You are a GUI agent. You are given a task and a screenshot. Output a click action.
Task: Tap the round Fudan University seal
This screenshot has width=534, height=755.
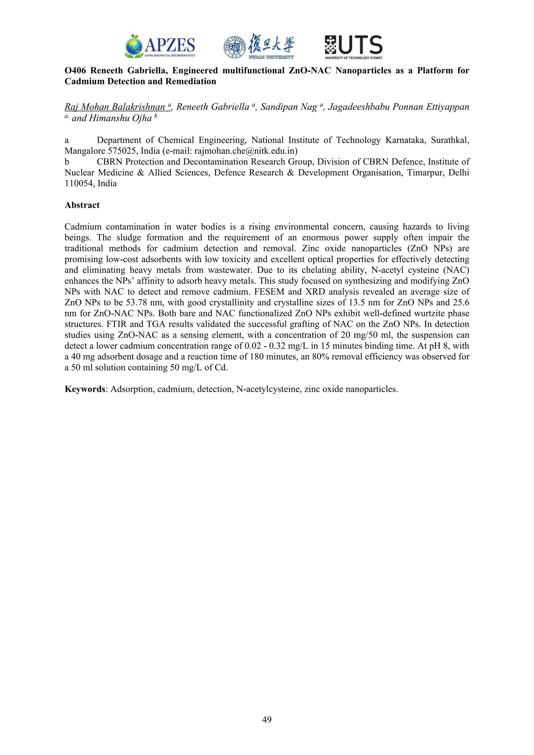[235, 47]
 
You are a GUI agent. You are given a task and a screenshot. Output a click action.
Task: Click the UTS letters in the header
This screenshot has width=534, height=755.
[361, 45]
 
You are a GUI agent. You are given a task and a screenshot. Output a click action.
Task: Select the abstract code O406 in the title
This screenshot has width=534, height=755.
[75, 70]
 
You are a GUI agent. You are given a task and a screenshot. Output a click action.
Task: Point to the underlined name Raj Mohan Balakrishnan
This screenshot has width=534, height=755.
[115, 107]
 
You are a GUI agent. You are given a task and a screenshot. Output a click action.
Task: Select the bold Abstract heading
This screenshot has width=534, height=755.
[82, 205]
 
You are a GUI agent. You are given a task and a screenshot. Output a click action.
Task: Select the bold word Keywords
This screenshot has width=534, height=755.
[85, 389]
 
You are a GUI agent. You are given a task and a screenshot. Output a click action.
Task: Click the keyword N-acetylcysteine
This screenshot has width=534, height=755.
[267, 389]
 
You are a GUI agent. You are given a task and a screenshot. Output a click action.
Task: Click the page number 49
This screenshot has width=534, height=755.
[267, 720]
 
